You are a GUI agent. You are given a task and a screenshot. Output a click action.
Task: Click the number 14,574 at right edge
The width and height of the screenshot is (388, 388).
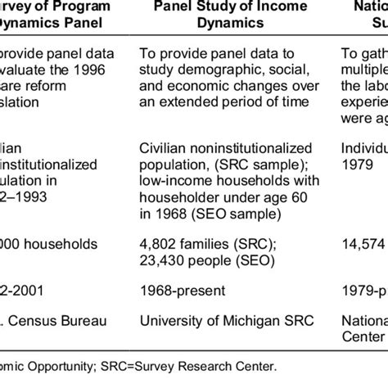point(363,244)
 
